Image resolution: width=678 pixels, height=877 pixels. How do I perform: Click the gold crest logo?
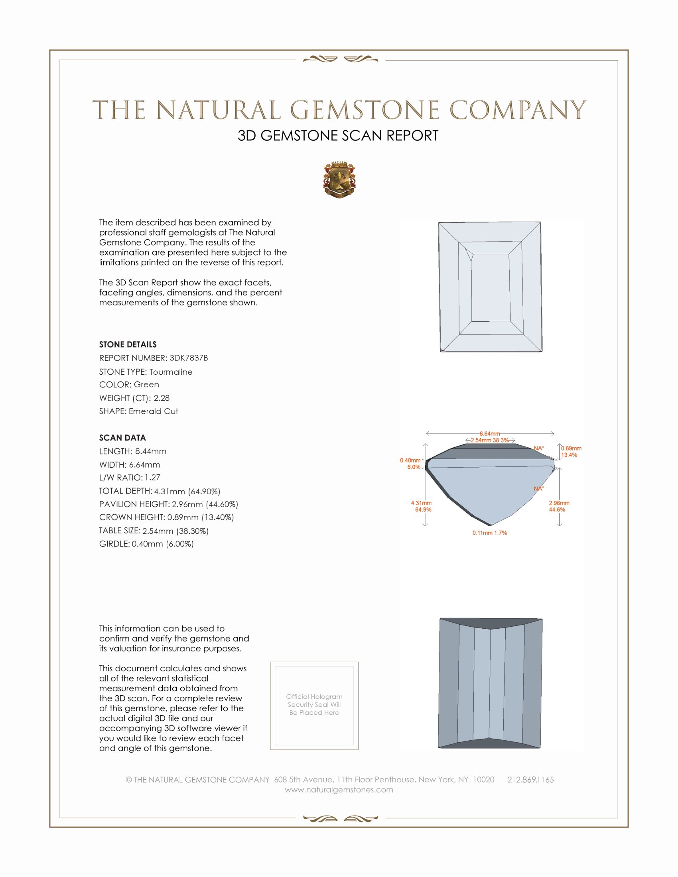point(339,180)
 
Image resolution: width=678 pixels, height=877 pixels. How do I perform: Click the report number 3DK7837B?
point(188,358)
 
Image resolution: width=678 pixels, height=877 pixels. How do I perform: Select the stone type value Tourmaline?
point(171,372)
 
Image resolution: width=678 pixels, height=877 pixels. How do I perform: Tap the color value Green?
point(146,385)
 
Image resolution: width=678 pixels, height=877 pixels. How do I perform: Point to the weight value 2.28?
point(162,398)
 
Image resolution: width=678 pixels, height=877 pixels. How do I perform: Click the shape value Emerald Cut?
point(153,411)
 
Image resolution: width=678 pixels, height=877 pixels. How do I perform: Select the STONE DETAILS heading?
point(128,344)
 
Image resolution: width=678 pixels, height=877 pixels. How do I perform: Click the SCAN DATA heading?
point(122,438)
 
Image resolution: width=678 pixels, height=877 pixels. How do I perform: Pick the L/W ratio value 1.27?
point(152,478)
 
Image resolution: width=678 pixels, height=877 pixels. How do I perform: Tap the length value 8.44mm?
point(151,451)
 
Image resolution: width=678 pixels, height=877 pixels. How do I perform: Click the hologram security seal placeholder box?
point(314,706)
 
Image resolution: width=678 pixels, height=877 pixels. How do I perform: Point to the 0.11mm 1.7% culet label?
point(490,533)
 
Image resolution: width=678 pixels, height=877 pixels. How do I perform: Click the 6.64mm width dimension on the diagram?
point(490,434)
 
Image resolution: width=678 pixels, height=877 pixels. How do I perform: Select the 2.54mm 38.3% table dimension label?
point(490,440)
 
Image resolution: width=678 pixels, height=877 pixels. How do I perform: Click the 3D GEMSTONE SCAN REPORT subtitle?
point(338,136)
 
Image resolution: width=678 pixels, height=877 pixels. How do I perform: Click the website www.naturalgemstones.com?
point(339,790)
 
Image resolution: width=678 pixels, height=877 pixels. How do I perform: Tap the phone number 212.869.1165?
point(530,780)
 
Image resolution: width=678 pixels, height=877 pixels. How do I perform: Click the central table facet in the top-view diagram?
point(491,287)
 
